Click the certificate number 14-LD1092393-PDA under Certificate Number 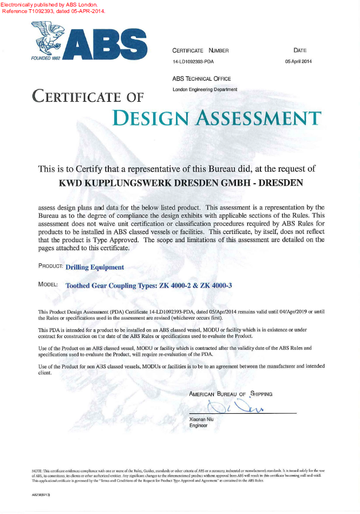pos(193,62)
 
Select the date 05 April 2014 pos(298,62)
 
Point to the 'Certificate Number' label pos(200,51)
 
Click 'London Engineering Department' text pos(205,89)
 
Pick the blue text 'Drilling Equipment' pos(95,267)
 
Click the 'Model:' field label pos(48,284)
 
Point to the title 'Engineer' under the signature pos(198,426)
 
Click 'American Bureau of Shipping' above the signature pos(231,394)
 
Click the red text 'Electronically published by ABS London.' pos(49,4)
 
